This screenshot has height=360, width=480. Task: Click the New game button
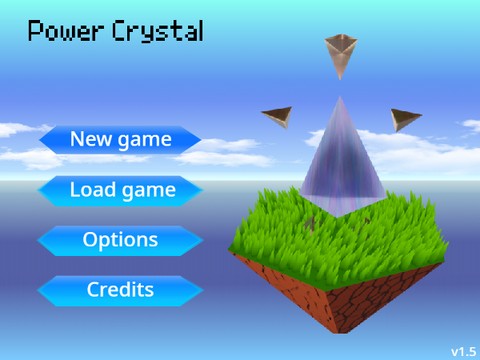click(x=120, y=140)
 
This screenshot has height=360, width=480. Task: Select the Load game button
click(x=121, y=190)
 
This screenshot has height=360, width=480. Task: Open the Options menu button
click(x=120, y=241)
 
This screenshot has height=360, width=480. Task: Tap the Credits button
click(x=120, y=291)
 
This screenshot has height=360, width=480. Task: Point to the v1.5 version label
click(x=462, y=351)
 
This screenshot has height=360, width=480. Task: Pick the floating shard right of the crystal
click(x=404, y=120)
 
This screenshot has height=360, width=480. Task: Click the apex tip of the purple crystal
click(x=339, y=98)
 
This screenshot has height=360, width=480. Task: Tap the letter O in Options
click(x=89, y=241)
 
